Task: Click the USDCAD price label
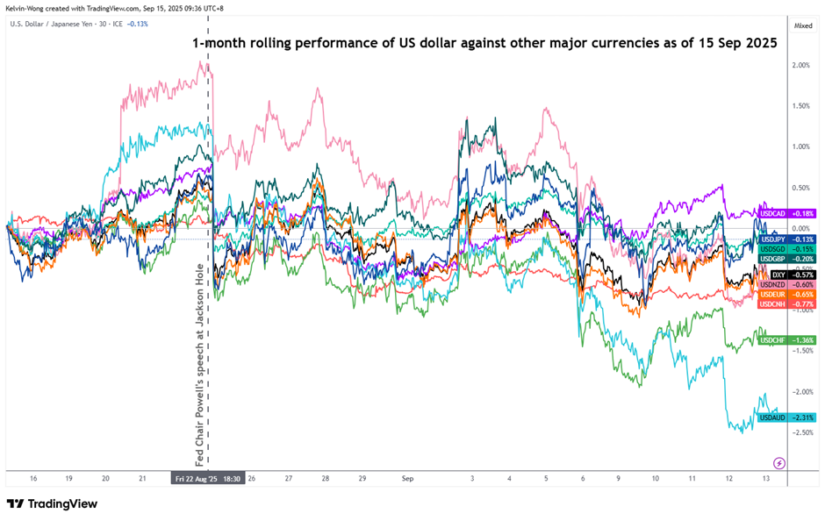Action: pos(772,213)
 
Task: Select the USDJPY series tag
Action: pos(772,239)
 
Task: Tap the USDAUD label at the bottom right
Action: pos(772,418)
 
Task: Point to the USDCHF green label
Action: pos(772,339)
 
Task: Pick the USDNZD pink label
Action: pos(772,284)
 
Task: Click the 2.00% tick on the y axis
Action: pos(800,66)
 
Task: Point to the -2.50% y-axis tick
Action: pos(800,432)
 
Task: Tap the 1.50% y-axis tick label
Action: pos(800,106)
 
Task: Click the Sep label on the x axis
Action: pos(406,479)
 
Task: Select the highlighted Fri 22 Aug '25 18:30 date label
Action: pos(209,479)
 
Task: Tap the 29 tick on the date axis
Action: pos(362,479)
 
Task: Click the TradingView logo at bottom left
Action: pos(52,503)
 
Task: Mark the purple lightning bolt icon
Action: pos(778,462)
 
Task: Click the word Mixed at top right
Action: pos(803,26)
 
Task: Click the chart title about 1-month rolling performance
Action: pos(484,42)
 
